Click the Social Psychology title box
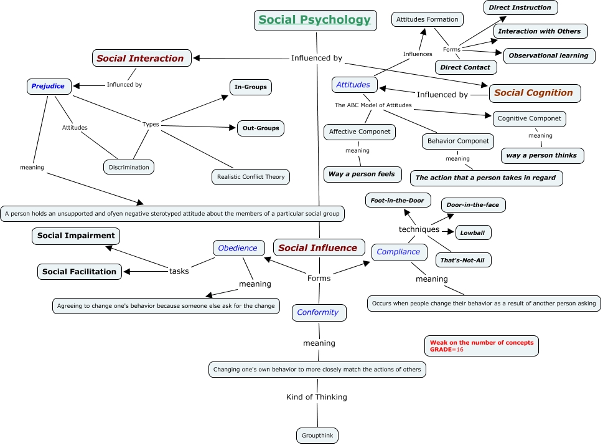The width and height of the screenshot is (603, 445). click(x=316, y=20)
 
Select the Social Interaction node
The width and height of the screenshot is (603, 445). click(x=141, y=59)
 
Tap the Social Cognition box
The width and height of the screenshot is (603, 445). click(x=534, y=93)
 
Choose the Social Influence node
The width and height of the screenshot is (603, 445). click(x=317, y=248)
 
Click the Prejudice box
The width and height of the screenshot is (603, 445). click(x=48, y=86)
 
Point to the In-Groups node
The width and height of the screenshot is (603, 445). click(x=250, y=87)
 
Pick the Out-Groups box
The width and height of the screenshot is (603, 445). click(x=260, y=128)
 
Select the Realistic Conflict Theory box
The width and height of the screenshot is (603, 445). click(x=251, y=177)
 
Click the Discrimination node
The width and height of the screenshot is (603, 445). click(x=129, y=167)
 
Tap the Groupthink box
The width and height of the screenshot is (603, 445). click(x=317, y=436)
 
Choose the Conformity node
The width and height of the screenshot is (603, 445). click(x=318, y=312)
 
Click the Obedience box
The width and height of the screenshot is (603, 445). click(x=238, y=248)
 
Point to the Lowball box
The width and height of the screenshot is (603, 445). click(x=473, y=233)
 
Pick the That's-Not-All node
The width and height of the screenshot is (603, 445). click(x=462, y=260)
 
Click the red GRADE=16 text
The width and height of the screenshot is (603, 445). click(x=447, y=350)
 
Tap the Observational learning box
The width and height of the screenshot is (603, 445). click(x=548, y=56)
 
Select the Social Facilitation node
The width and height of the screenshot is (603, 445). click(x=79, y=272)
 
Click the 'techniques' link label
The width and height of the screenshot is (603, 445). click(x=419, y=229)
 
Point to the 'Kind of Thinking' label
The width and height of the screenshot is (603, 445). click(x=316, y=397)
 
